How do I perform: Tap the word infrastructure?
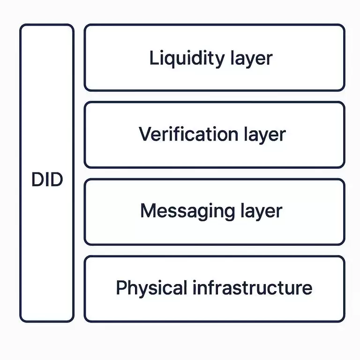253,287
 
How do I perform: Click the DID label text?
47,180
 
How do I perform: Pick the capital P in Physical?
121,287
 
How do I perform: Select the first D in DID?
38,180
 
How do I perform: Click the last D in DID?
56,180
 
